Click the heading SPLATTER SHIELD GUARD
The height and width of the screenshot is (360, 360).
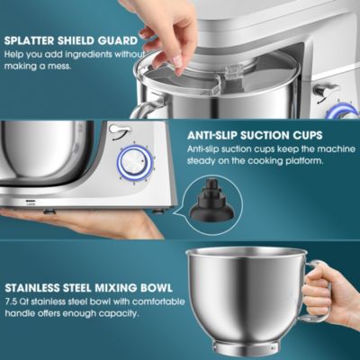[x=72, y=40]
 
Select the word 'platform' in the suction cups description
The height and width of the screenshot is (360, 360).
[x=310, y=162]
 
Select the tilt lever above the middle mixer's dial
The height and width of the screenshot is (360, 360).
[x=117, y=131]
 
